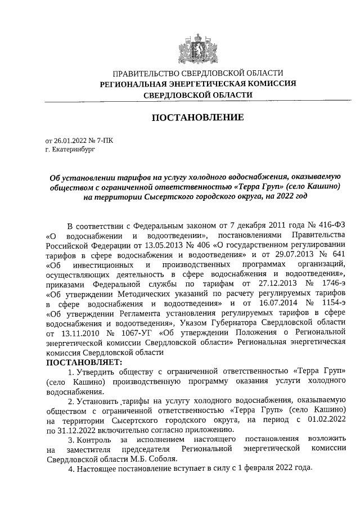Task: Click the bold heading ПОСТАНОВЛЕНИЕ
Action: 197,118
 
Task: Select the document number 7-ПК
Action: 104,142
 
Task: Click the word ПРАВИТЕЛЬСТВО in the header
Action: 147,73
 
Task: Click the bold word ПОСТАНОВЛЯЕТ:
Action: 83,363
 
